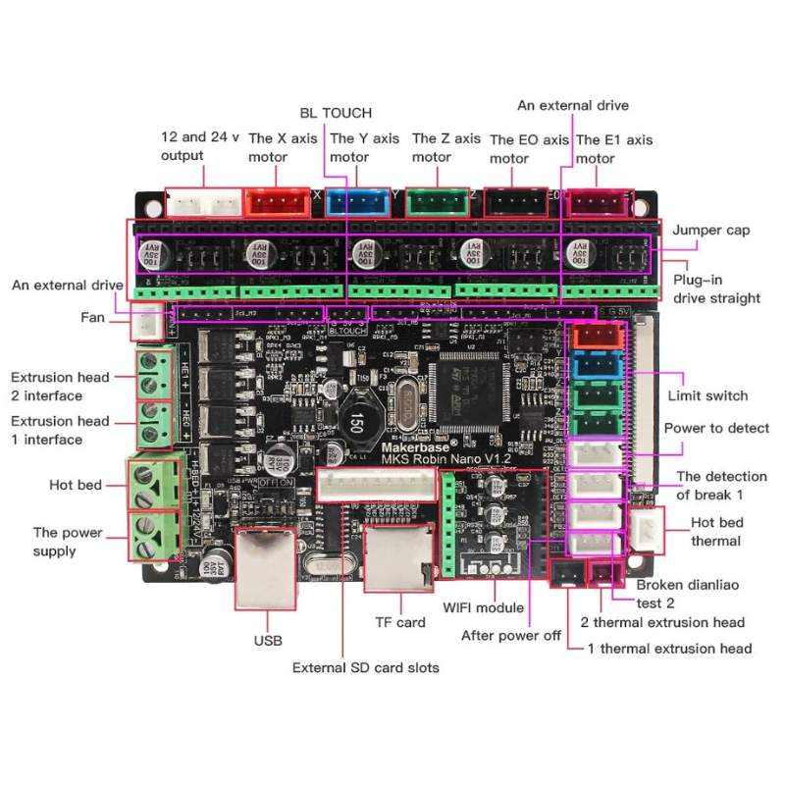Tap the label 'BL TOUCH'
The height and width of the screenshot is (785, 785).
click(336, 113)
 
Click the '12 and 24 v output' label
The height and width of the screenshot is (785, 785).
click(199, 146)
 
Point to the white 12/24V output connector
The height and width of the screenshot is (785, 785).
click(203, 202)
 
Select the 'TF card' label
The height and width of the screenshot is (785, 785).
click(400, 622)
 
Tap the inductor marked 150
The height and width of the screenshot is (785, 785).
click(351, 420)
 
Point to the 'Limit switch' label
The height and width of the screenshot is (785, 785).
click(706, 395)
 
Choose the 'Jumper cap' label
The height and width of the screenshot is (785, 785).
click(710, 230)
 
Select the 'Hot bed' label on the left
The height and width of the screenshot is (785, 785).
click(75, 485)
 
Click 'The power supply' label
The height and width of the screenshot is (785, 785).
click(68, 542)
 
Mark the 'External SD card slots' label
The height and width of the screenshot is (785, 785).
click(365, 667)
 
